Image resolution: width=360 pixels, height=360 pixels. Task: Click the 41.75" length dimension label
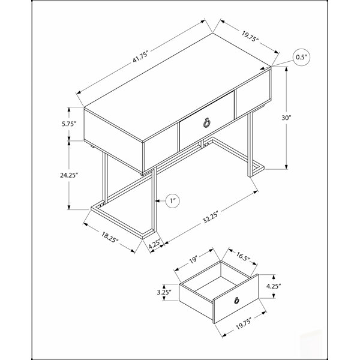point(140,57)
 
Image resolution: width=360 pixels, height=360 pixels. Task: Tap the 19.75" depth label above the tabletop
point(250,36)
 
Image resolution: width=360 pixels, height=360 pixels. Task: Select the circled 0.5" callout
point(301,58)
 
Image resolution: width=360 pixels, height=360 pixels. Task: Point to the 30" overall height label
point(286,118)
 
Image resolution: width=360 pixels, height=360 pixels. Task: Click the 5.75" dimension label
point(68,124)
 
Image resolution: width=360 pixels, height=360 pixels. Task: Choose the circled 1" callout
point(172,201)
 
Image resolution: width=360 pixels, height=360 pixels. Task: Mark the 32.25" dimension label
point(210,217)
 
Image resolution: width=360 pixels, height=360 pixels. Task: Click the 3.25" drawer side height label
point(164,292)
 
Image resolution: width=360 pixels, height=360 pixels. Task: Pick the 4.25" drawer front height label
point(274,286)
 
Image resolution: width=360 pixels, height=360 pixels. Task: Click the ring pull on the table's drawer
point(206,123)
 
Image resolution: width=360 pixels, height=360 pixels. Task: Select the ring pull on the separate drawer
point(237,300)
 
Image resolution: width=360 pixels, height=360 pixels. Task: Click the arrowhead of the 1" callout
point(157,201)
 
